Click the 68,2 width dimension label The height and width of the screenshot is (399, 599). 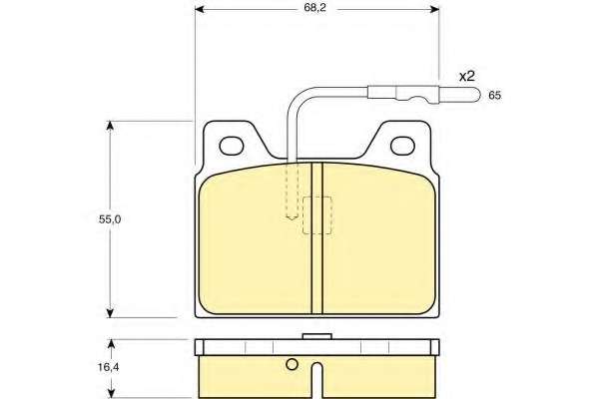pos(314,8)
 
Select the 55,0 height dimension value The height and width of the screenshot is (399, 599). pos(110,219)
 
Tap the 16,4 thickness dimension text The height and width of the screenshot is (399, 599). pos(109,367)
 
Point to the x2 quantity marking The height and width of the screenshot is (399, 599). pos(467,77)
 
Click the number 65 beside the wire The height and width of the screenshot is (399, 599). pos(494,96)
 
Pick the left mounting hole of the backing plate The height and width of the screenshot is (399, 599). pos(232,146)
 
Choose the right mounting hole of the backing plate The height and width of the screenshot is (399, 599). pos(402,146)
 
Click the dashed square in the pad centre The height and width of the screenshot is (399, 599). pos(317,215)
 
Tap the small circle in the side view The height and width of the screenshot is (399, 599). pos(292,365)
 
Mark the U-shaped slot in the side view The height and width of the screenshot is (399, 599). pos(317,379)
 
